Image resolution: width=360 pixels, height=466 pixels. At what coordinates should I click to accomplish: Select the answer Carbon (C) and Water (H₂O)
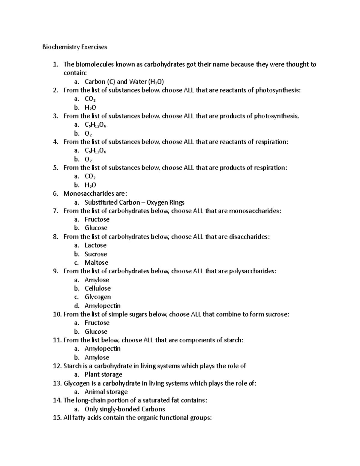click(124, 82)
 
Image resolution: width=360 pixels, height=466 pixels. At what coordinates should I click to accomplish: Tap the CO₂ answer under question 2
click(90, 99)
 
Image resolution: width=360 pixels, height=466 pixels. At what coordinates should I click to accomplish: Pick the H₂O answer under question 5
click(90, 185)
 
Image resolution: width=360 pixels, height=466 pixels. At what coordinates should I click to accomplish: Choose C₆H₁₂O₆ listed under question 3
click(95, 125)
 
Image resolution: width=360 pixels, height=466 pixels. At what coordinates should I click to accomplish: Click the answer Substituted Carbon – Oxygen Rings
click(134, 203)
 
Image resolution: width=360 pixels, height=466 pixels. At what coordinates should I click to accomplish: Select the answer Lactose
click(95, 245)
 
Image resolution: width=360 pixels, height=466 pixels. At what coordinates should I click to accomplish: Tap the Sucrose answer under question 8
click(96, 254)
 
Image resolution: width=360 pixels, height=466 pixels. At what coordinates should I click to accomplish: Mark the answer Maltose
click(96, 263)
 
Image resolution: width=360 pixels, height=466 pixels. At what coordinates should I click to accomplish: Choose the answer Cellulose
click(97, 289)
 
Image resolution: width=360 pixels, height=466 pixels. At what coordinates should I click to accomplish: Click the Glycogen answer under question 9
click(97, 297)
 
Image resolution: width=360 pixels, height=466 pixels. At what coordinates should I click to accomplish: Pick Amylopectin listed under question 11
click(102, 349)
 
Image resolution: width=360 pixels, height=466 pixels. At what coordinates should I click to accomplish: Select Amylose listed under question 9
click(97, 280)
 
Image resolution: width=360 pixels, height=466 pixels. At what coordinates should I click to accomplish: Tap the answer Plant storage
click(103, 374)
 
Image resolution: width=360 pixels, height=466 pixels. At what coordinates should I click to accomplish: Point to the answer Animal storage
click(106, 392)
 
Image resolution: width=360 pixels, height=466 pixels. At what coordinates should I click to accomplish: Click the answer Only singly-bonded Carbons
click(125, 409)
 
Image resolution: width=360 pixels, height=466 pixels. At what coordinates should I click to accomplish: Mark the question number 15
click(57, 418)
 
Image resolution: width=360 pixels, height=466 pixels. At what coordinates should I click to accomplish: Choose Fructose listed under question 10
click(97, 323)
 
